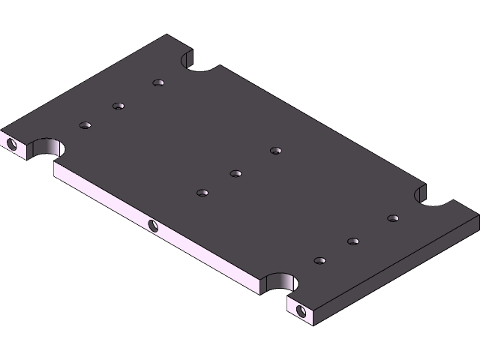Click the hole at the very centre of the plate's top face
(235, 174)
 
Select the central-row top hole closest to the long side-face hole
(202, 193)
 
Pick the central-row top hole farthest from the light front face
(276, 151)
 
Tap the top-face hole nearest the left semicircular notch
(85, 124)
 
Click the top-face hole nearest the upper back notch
(157, 82)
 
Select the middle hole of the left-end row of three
(118, 106)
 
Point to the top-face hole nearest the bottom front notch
(319, 261)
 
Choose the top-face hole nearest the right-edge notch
(392, 218)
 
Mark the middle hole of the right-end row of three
(353, 241)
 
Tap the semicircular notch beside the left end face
(43, 147)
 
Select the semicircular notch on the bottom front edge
(280, 282)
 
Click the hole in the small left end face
(11, 142)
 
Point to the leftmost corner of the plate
(1, 130)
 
